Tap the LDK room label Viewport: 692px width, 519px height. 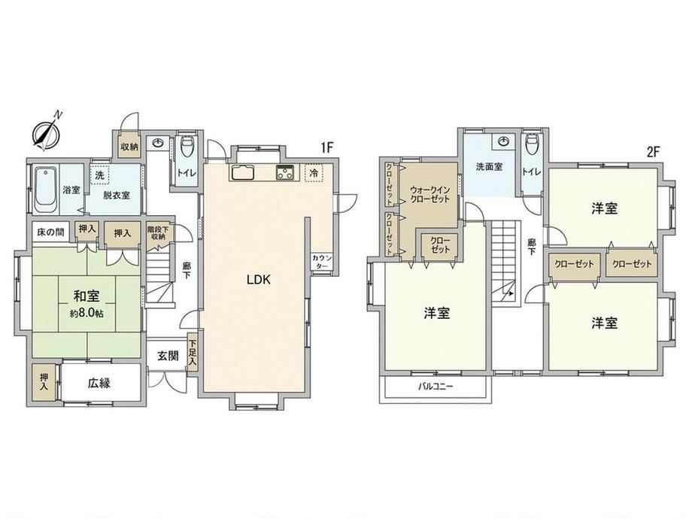[258, 279]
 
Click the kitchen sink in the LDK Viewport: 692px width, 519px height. [241, 172]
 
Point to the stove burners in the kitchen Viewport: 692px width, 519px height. [284, 171]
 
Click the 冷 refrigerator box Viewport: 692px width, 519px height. [314, 172]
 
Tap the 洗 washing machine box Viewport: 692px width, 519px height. [100, 175]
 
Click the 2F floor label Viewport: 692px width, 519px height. [653, 152]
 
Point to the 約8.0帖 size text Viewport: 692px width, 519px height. [86, 314]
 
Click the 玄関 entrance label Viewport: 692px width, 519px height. [168, 355]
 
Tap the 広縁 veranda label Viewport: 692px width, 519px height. [99, 383]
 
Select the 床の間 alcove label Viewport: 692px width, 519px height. [50, 232]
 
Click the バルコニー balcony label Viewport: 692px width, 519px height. [436, 387]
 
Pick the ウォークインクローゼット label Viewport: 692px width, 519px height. [429, 194]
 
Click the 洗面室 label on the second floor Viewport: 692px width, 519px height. [489, 167]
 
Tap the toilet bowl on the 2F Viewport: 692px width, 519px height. [531, 144]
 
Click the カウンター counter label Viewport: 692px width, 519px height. [322, 262]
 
